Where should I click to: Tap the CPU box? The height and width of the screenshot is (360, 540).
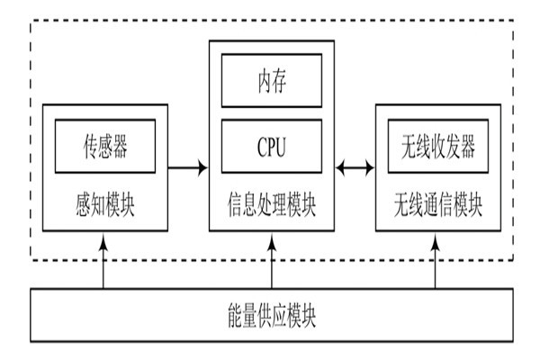point(271,147)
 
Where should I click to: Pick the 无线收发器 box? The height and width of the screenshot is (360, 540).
point(436,145)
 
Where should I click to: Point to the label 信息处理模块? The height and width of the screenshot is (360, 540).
point(271,204)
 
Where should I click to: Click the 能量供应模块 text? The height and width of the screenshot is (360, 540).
point(271,316)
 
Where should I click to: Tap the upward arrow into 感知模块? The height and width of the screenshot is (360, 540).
point(104,261)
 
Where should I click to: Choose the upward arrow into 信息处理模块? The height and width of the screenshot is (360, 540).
point(271,261)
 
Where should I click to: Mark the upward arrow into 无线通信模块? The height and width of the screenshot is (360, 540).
point(436,261)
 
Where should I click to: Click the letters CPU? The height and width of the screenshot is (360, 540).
point(271,147)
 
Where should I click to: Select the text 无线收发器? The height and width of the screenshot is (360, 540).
point(436,145)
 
